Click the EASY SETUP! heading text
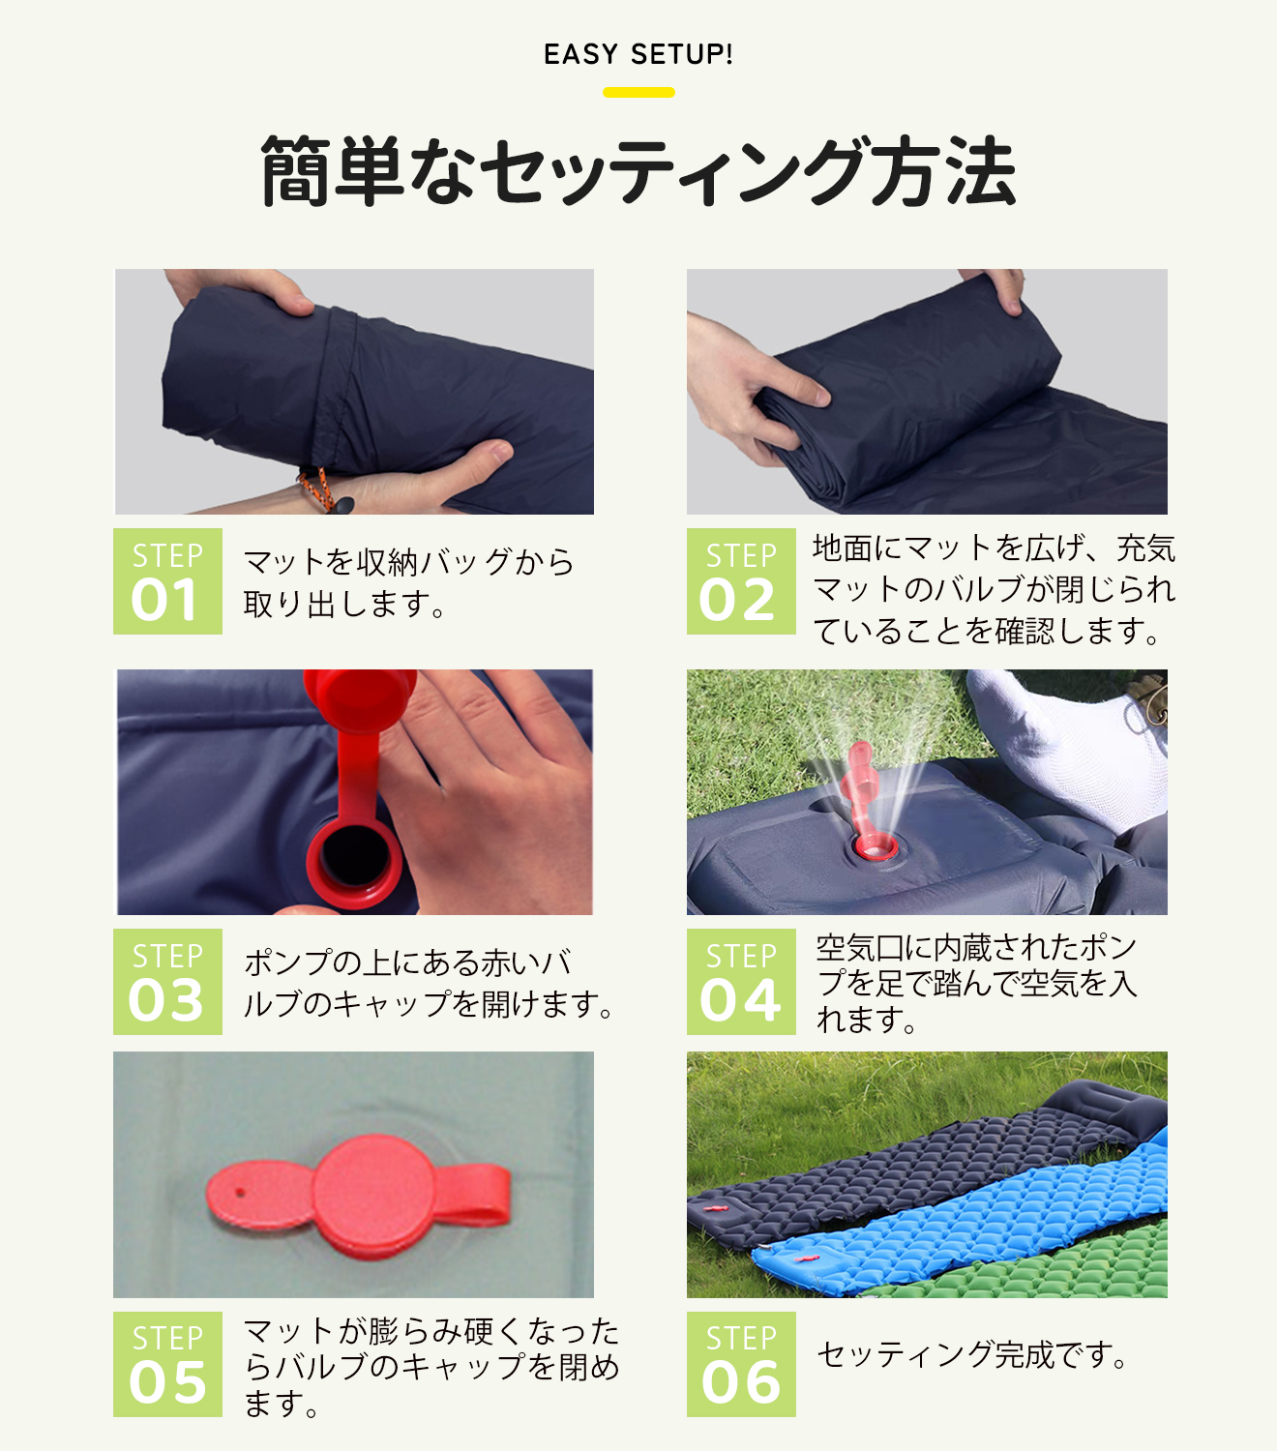pos(638,54)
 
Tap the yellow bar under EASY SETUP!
pos(638,93)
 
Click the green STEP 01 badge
pos(167,580)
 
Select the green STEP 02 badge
pos(741,580)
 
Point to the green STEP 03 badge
pos(167,981)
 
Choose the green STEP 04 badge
pos(741,981)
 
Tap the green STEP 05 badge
pos(167,1364)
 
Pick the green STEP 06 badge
pos(741,1364)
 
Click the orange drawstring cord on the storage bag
pos(315,487)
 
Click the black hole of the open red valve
pos(354,856)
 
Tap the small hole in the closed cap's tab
pos(240,1193)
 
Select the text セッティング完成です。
pos(972,1354)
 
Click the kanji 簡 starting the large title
pos(295,171)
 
